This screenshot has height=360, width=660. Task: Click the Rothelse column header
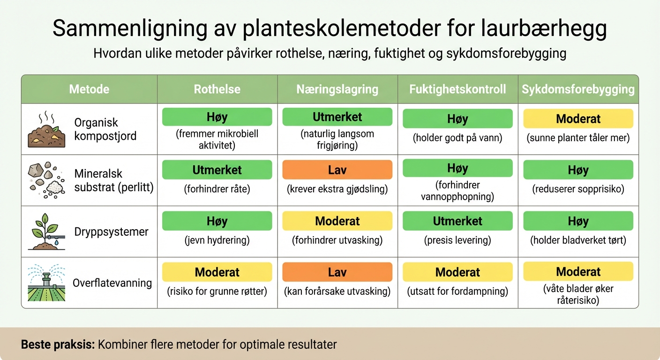217,89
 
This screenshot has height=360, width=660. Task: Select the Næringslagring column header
337,89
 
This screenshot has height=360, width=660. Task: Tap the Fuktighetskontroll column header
457,89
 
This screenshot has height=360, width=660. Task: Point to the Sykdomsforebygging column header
578,89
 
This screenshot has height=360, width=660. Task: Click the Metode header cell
89,89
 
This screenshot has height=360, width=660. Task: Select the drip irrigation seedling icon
45,232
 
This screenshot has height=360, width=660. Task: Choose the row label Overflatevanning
112,283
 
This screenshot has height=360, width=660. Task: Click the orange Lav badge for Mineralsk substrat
337,170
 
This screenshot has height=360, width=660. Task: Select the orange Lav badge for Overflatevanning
337,272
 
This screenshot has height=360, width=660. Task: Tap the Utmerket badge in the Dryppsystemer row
457,221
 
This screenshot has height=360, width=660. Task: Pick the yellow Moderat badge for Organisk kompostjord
578,119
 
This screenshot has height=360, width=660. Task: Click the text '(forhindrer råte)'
217,189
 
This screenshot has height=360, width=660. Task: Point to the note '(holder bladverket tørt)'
578,240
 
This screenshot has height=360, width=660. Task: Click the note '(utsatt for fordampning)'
457,292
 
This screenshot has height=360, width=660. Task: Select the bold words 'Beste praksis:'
58,345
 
